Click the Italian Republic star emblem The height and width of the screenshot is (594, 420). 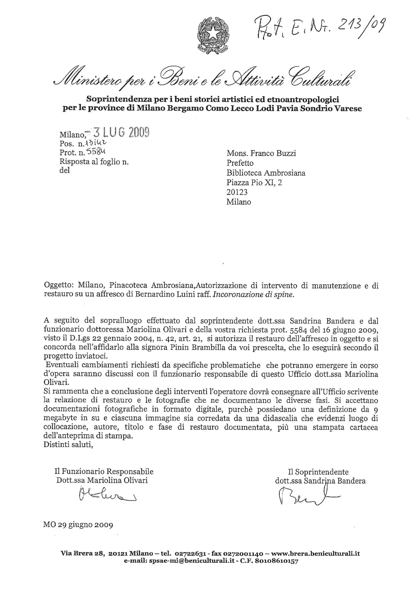click(x=213, y=35)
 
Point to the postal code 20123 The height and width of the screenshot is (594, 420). click(x=237, y=192)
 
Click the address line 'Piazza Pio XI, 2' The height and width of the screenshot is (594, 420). click(x=254, y=182)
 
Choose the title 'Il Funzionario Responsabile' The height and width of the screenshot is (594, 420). click(x=104, y=471)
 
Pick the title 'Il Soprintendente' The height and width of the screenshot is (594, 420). click(x=318, y=472)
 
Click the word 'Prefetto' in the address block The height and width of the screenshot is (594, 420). click(x=240, y=163)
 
